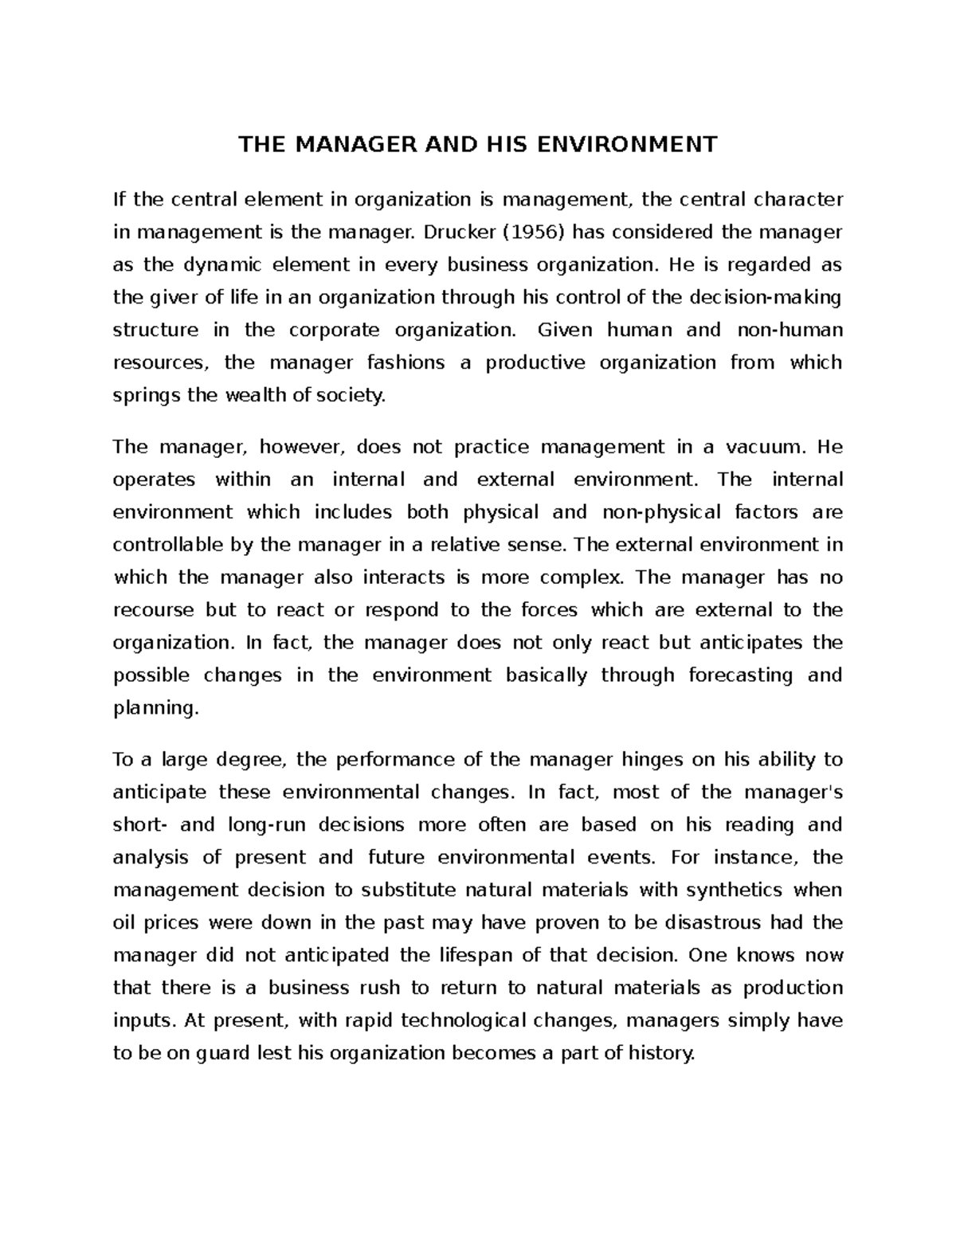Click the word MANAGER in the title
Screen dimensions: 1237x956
coord(351,144)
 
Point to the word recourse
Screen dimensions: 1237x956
coord(154,610)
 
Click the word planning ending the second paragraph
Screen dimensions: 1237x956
coord(154,708)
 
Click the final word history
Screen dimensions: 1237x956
coord(661,1053)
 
